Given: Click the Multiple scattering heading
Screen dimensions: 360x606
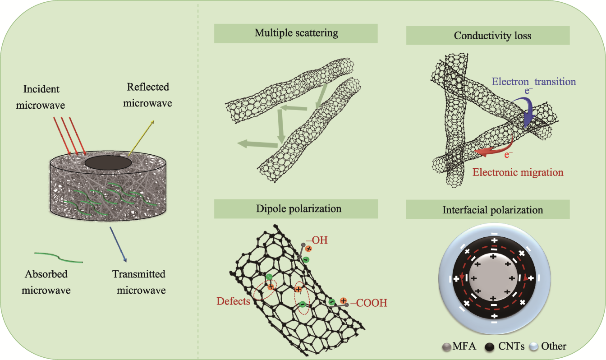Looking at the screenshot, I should (296, 33).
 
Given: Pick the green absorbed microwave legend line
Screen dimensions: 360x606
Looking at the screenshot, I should (59, 257).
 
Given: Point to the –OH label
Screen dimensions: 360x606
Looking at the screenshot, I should (316, 240).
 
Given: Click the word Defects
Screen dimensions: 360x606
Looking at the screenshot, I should (233, 301).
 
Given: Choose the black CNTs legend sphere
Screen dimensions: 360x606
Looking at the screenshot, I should (491, 346).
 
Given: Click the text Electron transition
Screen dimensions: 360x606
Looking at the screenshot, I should (534, 82).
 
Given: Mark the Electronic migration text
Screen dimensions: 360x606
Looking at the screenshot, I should (518, 172).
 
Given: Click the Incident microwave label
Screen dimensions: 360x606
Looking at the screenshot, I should (41, 97).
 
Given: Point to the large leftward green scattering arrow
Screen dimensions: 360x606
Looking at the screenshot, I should (257, 144).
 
